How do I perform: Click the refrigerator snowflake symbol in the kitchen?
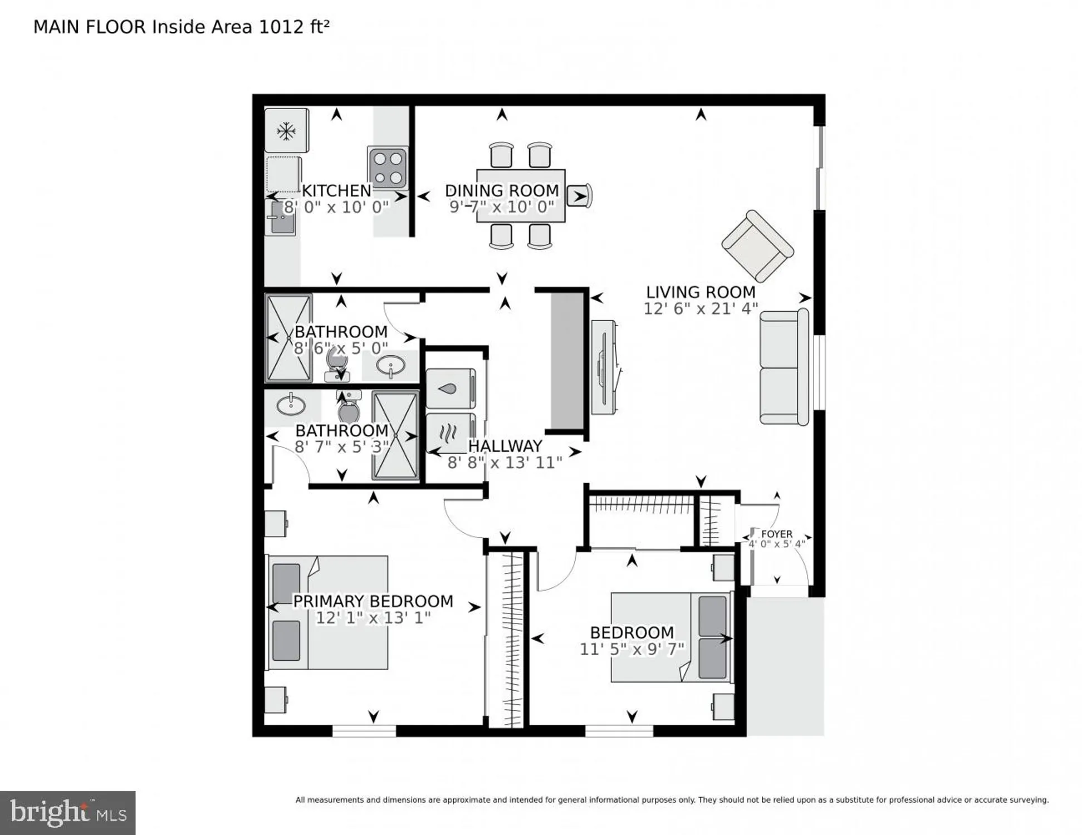pos(286,131)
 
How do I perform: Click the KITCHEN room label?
pos(336,190)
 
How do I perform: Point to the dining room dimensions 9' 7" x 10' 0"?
pos(502,207)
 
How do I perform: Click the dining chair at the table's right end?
pos(580,196)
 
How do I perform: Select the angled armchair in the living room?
pos(757,245)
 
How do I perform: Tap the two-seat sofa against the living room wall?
pos(783,367)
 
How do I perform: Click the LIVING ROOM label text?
pos(701,292)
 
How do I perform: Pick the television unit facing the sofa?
pos(604,367)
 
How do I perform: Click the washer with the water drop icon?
pos(451,388)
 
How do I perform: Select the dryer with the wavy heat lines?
pos(450,432)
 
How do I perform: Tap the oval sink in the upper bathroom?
pos(390,366)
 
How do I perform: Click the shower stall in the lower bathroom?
pos(395,435)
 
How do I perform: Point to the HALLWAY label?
pos(505,446)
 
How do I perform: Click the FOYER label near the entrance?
pos(776,534)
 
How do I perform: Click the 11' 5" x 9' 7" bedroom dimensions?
pos(631,649)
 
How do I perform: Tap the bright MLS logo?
pos(67,812)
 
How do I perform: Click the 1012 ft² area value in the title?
pos(294,27)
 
